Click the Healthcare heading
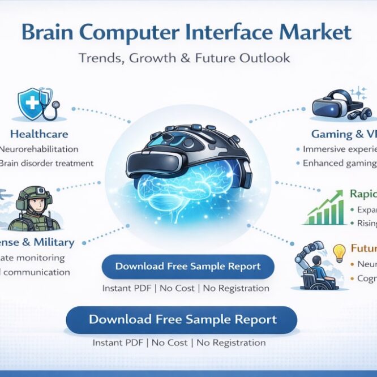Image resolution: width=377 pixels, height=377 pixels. pos(39,134)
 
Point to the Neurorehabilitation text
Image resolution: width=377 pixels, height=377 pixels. pos(38,149)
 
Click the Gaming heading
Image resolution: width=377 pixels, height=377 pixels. pos(331,134)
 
